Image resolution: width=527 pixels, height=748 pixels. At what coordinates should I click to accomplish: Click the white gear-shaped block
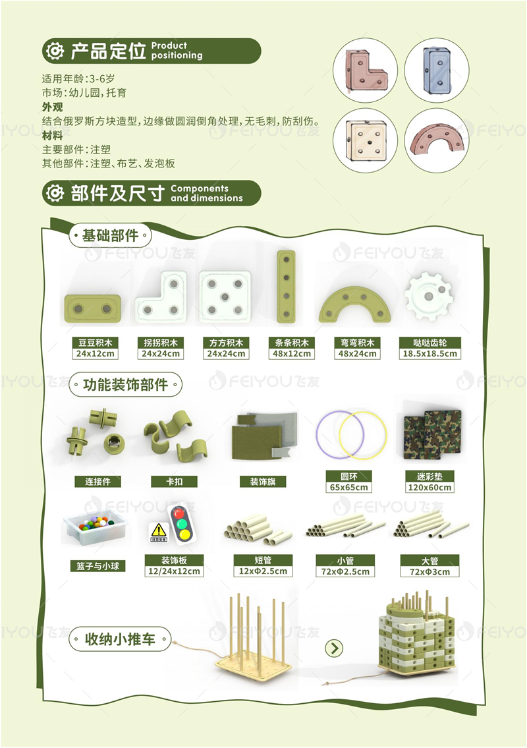pyautogui.click(x=428, y=296)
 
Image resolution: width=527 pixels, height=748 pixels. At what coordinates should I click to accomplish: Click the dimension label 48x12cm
pyautogui.click(x=292, y=354)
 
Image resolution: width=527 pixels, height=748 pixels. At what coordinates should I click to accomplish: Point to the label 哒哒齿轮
pyautogui.click(x=430, y=343)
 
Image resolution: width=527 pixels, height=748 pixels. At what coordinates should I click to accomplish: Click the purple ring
pyautogui.click(x=318, y=434)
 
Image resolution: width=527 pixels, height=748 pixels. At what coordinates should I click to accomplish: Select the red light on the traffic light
pyautogui.click(x=179, y=514)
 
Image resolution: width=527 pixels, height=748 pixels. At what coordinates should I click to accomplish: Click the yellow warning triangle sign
pyautogui.click(x=158, y=530)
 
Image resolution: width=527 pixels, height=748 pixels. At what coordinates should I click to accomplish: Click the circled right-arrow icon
pyautogui.click(x=334, y=648)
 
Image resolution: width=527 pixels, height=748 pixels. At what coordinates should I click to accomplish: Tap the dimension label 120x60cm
pyautogui.click(x=430, y=488)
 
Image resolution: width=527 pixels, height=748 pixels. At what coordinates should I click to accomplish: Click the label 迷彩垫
pyautogui.click(x=430, y=476)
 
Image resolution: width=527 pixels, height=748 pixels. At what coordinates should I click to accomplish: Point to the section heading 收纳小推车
pyautogui.click(x=120, y=639)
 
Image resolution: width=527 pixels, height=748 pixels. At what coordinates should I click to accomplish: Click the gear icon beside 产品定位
pyautogui.click(x=55, y=51)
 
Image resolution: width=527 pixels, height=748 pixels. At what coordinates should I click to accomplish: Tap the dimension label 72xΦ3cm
pyautogui.click(x=430, y=571)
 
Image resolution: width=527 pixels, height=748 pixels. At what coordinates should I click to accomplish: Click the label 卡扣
pyautogui.click(x=174, y=482)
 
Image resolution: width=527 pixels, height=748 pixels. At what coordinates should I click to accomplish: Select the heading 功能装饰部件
pyautogui.click(x=125, y=384)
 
